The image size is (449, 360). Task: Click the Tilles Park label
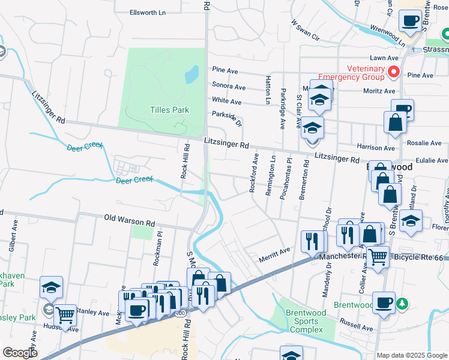169,110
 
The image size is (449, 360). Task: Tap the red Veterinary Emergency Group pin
394,73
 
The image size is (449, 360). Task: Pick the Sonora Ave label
229,87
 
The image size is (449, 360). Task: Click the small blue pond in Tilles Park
191,74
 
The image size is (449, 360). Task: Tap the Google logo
20,352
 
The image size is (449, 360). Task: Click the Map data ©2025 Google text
411,355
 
